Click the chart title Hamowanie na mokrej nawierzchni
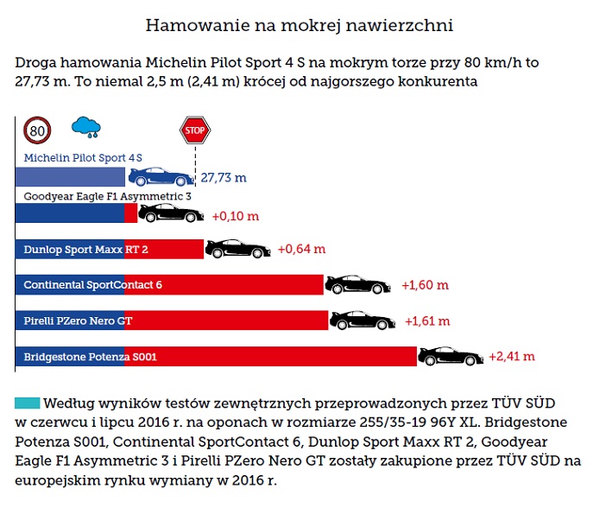point(299,25)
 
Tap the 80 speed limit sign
point(37,130)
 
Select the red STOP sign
point(195,131)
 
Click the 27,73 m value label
point(224,178)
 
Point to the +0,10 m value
point(234,214)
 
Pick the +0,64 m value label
point(301,250)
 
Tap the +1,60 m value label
point(425,285)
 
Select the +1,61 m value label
point(427,321)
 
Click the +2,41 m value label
point(512,356)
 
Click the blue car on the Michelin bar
point(161,177)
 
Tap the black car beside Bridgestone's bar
point(451,355)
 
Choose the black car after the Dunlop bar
point(237,249)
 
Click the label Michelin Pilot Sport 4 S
point(83,158)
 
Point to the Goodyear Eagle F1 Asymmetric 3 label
point(107,196)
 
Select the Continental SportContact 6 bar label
point(92,285)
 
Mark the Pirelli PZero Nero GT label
point(78,321)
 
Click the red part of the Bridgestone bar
point(271,356)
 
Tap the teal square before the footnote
point(27,403)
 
